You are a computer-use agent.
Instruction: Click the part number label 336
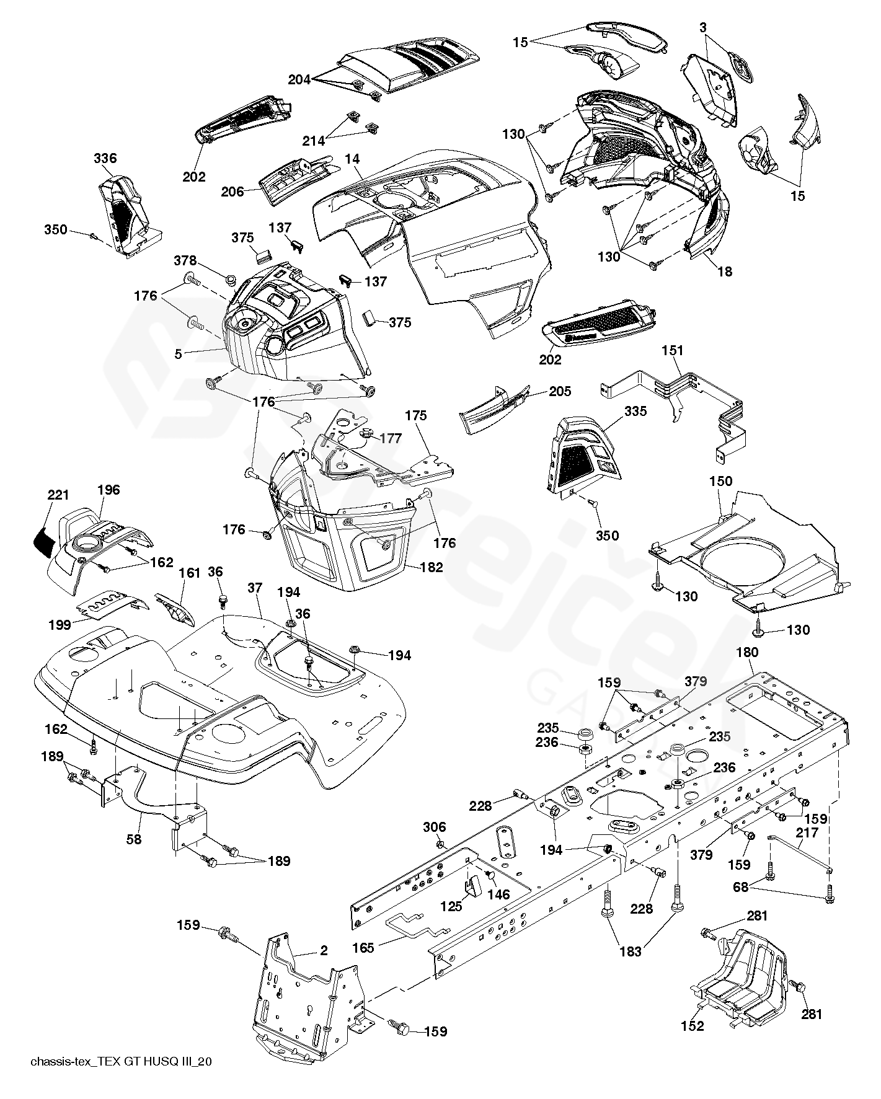pos(105,159)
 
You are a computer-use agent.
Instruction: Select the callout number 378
pos(185,260)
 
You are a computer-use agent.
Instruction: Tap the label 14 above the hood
pos(352,159)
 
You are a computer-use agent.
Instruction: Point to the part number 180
pos(747,652)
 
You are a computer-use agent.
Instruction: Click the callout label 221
pos(58,495)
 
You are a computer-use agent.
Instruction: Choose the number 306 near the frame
pos(435,827)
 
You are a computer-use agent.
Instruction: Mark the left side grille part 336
pos(127,214)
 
